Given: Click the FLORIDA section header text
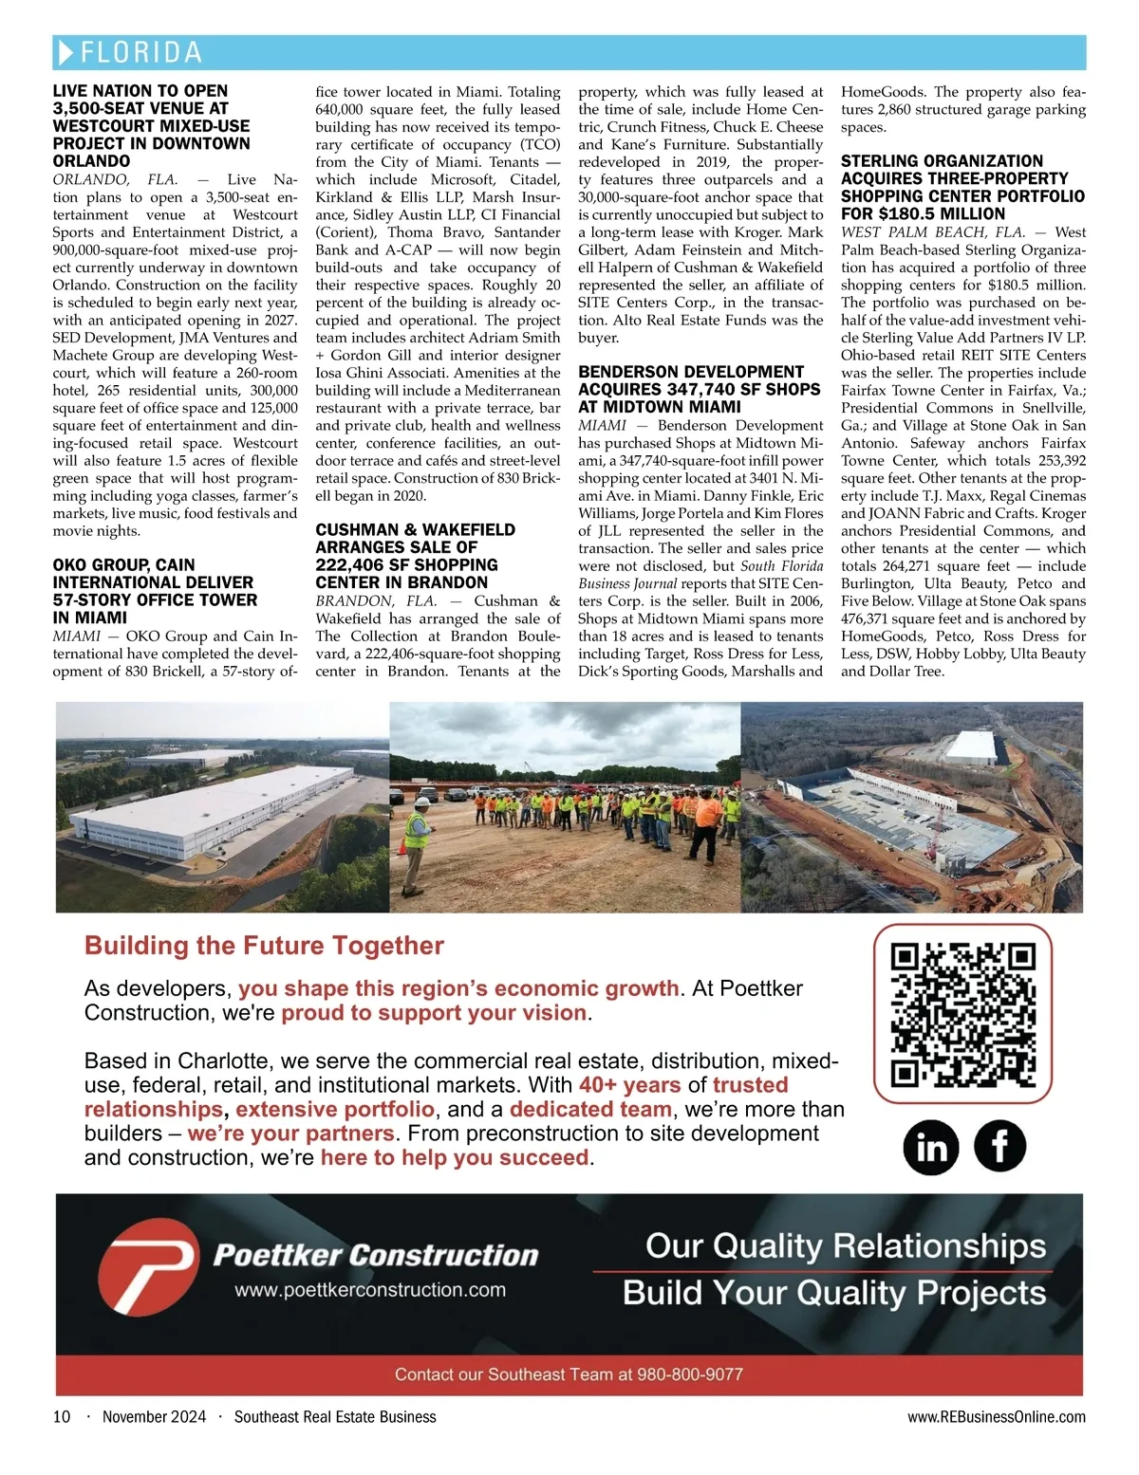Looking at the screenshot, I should [x=141, y=52].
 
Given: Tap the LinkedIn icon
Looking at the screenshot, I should [x=931, y=1147].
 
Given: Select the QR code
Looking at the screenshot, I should [x=962, y=1014].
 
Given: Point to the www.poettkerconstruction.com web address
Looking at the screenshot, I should [x=370, y=1290].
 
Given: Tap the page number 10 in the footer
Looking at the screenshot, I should [x=62, y=1417].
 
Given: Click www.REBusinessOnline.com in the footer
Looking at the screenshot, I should [x=997, y=1417].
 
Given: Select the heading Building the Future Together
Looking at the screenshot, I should [x=264, y=946].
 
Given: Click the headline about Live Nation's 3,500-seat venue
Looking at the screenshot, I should [x=152, y=125].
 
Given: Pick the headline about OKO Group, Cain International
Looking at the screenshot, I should [x=154, y=591].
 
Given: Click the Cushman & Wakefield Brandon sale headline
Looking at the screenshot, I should [x=416, y=556].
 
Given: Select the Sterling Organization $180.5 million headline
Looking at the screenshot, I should [x=962, y=188].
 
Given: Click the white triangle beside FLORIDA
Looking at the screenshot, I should [x=65, y=52].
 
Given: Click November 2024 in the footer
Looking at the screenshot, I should [x=154, y=1417].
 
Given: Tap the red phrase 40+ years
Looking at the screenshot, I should [x=630, y=1085].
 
